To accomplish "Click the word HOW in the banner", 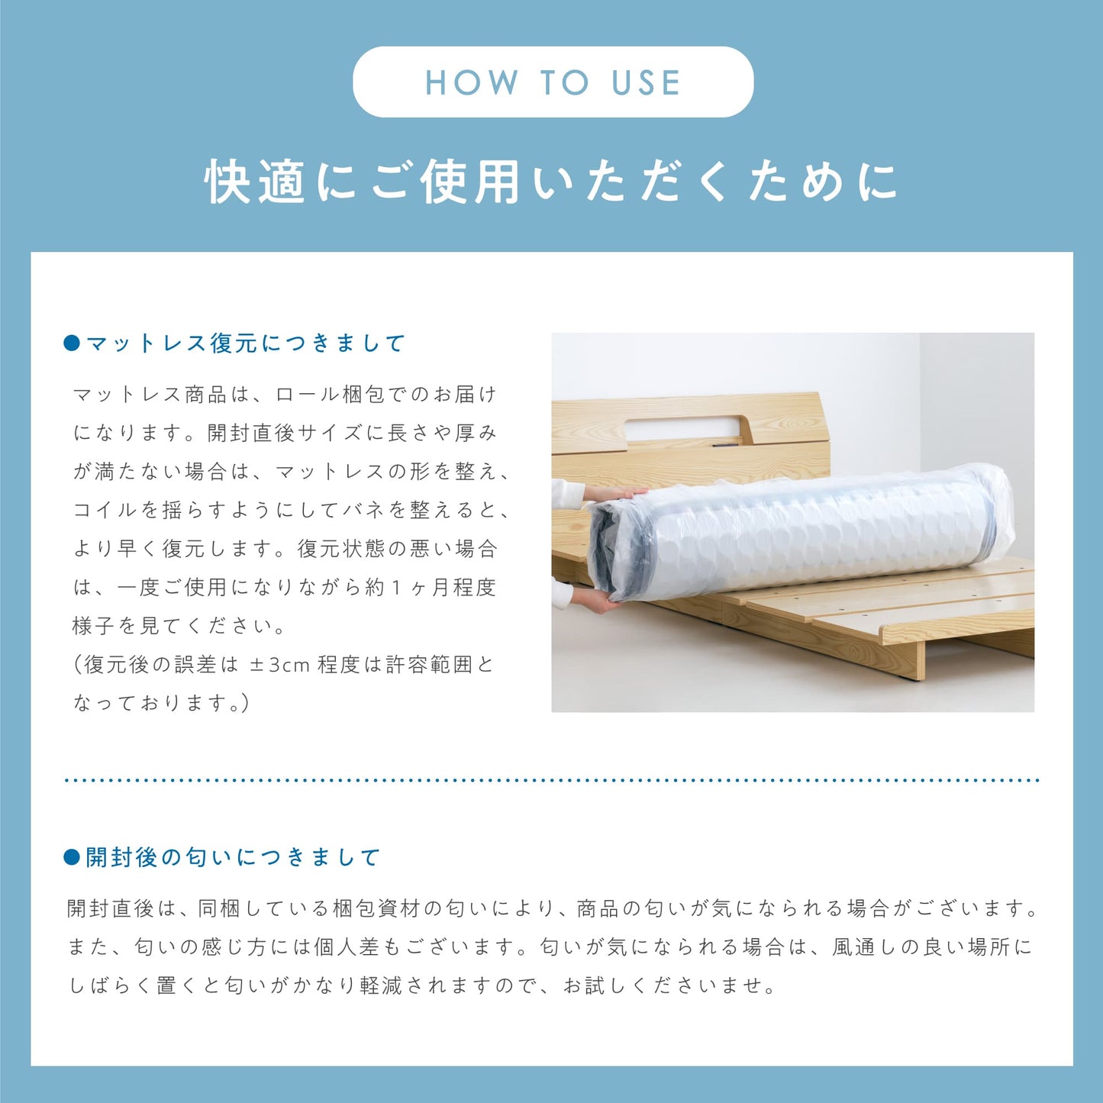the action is point(471,82).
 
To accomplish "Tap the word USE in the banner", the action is point(647,82).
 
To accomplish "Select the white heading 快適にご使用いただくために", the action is point(551,182).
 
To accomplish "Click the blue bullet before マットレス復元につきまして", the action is point(72,343).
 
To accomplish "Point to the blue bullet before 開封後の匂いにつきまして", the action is point(72,857).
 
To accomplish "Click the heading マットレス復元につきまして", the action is point(246,343).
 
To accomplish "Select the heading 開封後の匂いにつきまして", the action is point(233,857).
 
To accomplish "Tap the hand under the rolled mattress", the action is point(595,601).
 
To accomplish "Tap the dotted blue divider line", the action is point(552,780).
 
